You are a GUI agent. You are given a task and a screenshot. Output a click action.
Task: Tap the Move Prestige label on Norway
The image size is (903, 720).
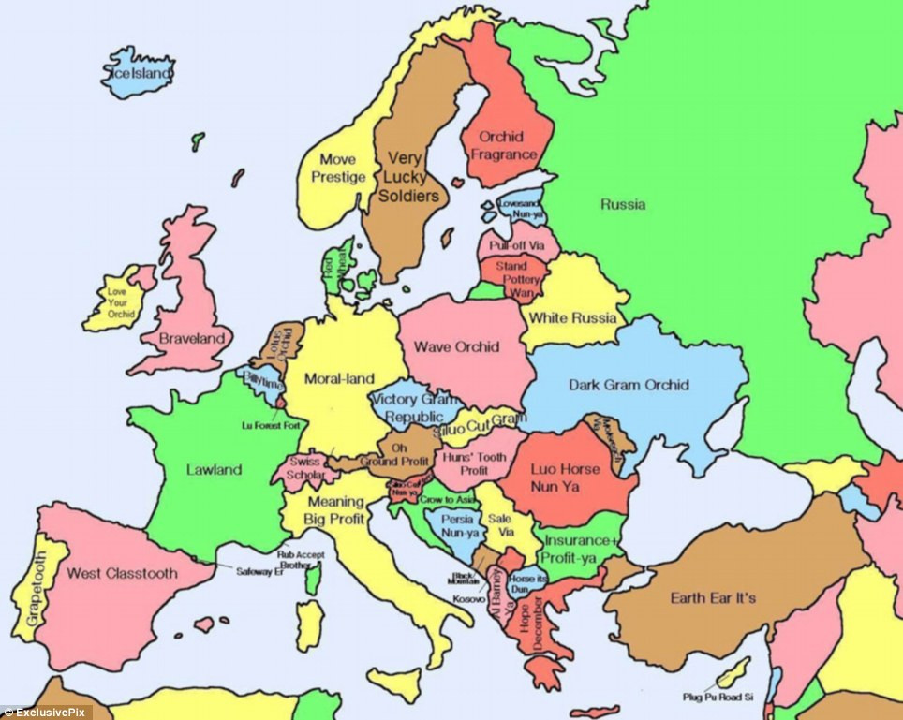[338, 169]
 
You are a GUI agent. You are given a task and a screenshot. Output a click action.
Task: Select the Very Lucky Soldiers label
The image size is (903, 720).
[407, 177]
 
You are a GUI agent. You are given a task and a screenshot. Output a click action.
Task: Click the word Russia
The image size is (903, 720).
[623, 204]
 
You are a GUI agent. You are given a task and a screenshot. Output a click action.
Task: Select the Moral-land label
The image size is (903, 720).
[342, 378]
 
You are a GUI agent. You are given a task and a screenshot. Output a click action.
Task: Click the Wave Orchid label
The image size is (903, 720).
[456, 347]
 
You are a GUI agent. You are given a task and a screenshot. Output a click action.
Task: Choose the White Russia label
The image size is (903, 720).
[573, 317]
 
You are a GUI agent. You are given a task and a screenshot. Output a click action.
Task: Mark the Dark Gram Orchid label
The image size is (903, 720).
[629, 385]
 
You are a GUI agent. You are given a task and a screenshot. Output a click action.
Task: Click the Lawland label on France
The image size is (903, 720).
[214, 470]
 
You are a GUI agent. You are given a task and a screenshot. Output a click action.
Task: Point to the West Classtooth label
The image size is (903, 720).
[122, 573]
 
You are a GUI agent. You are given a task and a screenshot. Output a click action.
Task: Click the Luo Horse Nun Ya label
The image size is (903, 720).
[565, 477]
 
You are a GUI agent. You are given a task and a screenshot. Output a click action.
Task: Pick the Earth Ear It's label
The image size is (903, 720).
[713, 597]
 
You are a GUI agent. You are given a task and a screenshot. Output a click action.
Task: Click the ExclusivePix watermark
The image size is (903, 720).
[42, 713]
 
